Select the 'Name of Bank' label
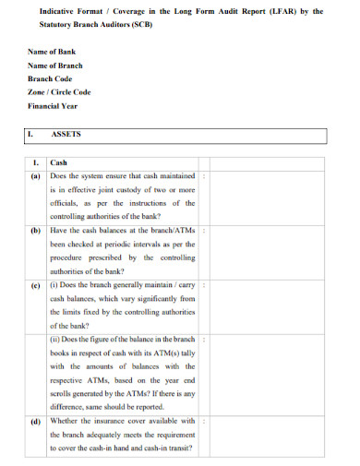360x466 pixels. pyautogui.click(x=52, y=52)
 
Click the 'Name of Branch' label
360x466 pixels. pyautogui.click(x=55, y=66)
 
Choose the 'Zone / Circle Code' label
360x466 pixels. pyautogui.click(x=59, y=92)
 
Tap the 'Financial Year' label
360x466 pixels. pyautogui.click(x=54, y=105)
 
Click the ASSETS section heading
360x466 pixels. pyautogui.click(x=66, y=134)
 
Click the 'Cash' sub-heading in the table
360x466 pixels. pyautogui.click(x=58, y=162)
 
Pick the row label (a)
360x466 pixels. pyautogui.click(x=35, y=175)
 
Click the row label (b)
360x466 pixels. pyautogui.click(x=35, y=231)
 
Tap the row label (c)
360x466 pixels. pyautogui.click(x=35, y=286)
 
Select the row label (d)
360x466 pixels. pyautogui.click(x=35, y=421)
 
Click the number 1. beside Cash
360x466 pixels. pyautogui.click(x=35, y=162)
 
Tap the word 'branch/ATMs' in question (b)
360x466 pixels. pyautogui.click(x=174, y=231)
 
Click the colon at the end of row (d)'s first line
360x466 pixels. pyautogui.click(x=204, y=421)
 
